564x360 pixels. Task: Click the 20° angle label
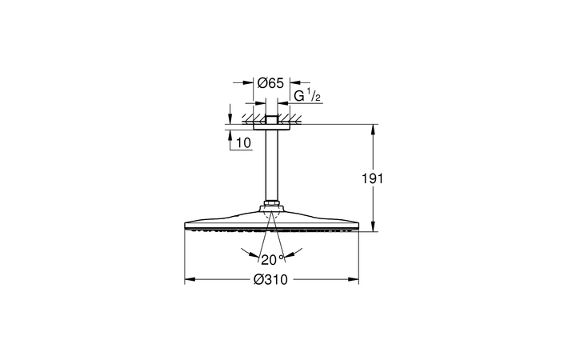(271, 258)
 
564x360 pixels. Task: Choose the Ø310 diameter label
(270, 280)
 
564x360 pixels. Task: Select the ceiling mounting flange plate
(272, 126)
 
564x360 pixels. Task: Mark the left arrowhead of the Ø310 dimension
(189, 280)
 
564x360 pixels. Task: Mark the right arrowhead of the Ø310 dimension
(355, 280)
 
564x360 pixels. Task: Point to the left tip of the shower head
(186, 224)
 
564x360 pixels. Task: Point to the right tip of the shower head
(358, 224)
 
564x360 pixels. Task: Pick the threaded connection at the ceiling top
(272, 119)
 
